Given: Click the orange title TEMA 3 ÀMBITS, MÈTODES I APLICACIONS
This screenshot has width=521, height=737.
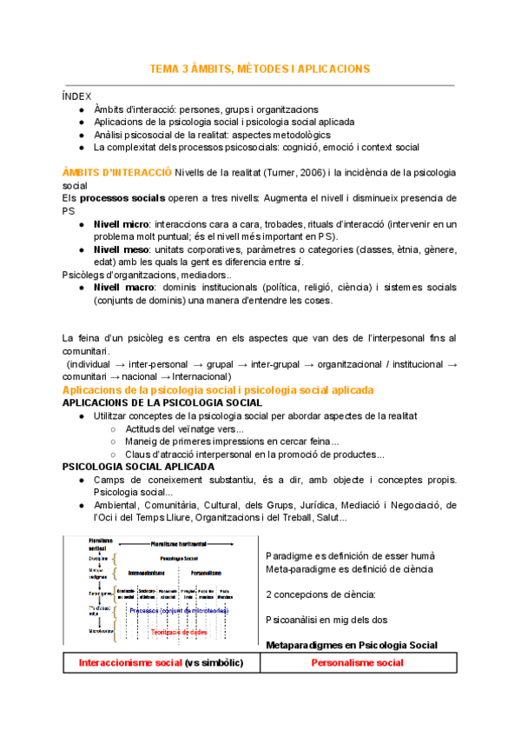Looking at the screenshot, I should (x=260, y=69).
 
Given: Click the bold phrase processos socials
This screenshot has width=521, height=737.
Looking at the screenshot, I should (x=122, y=198).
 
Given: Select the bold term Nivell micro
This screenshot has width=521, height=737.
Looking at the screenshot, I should (x=122, y=224).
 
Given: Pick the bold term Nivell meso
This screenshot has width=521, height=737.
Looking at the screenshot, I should (x=122, y=249).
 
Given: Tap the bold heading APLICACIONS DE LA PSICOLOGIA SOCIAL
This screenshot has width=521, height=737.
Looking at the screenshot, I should (x=162, y=403).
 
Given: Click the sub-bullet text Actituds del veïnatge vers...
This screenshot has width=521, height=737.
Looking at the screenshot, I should (x=183, y=428).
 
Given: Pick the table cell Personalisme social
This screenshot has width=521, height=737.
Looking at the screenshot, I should (x=357, y=663).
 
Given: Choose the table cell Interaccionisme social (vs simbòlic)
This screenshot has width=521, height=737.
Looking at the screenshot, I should (x=161, y=663).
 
